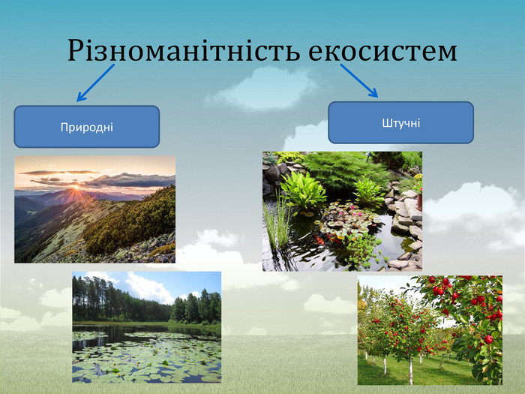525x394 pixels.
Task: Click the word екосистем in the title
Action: [382, 52]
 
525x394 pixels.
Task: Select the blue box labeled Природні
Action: [87, 127]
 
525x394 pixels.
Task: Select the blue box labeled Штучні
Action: [400, 122]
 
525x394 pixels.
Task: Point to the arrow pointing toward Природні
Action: [96, 83]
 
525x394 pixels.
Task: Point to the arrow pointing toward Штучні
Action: [359, 80]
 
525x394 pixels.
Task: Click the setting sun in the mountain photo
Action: [76, 187]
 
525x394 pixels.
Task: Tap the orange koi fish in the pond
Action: [319, 239]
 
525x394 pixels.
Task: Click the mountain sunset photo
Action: [94, 209]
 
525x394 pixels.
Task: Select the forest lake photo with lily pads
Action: [147, 327]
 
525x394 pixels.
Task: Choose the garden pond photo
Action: [342, 211]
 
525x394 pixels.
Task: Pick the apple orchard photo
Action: [430, 330]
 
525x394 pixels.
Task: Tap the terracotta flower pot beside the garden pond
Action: [419, 203]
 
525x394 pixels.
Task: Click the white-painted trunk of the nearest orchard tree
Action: [411, 371]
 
